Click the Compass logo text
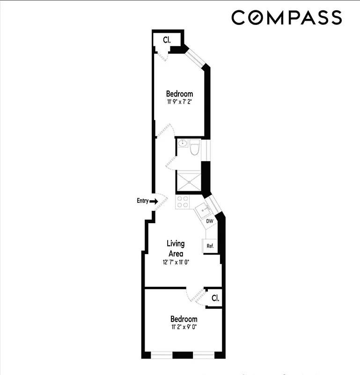tap(287, 18)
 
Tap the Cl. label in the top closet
tap(166, 40)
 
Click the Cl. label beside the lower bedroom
tap(215, 298)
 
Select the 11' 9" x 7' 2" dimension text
tap(179, 101)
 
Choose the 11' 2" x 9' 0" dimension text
tap(184, 327)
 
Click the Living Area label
tap(176, 248)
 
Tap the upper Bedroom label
tap(179, 94)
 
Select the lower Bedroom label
tap(184, 319)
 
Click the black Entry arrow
tap(154, 201)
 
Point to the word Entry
tap(142, 201)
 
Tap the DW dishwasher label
tap(210, 221)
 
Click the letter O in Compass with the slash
tap(256, 18)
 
